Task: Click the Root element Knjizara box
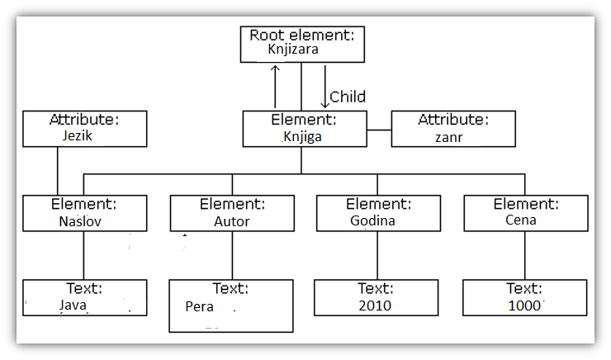click(302, 44)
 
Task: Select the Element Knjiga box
click(305, 129)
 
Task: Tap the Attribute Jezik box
click(85, 129)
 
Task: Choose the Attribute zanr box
click(452, 129)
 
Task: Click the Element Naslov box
click(85, 213)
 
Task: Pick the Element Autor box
click(232, 213)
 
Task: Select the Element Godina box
click(377, 212)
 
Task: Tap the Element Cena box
click(525, 212)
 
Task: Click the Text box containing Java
click(85, 298)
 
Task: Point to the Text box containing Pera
click(232, 306)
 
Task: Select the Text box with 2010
click(377, 298)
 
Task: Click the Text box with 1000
click(524, 298)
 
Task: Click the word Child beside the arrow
click(348, 97)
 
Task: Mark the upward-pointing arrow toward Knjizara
click(277, 86)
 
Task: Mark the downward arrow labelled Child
click(325, 88)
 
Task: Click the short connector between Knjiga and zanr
click(379, 130)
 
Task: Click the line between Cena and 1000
click(525, 255)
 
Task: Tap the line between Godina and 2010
click(377, 255)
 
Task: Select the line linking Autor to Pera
click(232, 255)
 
